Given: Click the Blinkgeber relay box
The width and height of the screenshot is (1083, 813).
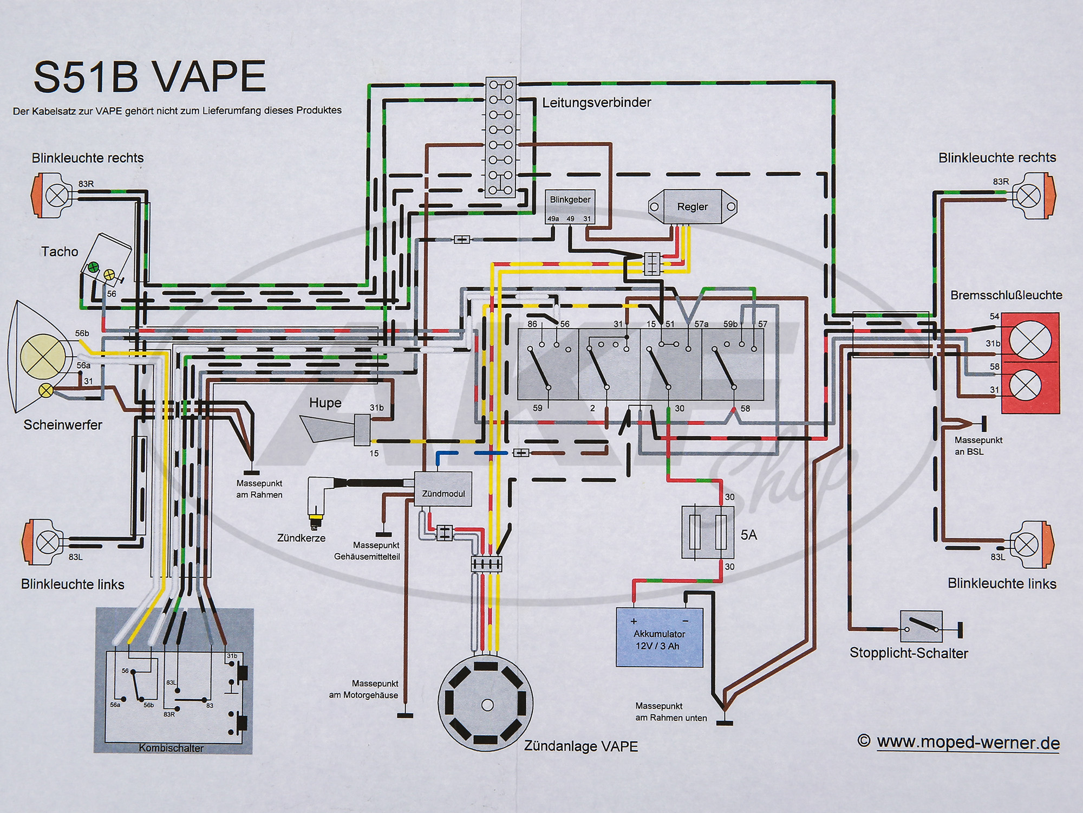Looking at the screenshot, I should pyautogui.click(x=570, y=207).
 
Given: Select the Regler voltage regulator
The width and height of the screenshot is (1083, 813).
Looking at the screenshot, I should pyautogui.click(x=692, y=207).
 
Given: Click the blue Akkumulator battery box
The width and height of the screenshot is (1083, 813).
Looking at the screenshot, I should pyautogui.click(x=659, y=637).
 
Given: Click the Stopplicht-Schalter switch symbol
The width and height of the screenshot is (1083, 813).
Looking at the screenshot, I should pyautogui.click(x=921, y=627).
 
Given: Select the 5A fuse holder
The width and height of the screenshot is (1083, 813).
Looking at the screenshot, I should pyautogui.click(x=707, y=532).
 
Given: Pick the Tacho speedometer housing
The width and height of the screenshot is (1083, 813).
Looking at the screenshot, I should pyautogui.click(x=107, y=260).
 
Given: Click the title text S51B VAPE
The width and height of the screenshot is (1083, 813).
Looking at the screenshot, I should pyautogui.click(x=149, y=77).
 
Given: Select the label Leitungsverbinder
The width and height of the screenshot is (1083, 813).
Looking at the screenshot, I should pyautogui.click(x=596, y=102).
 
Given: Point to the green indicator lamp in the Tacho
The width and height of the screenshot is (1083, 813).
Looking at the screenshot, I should pyautogui.click(x=93, y=267).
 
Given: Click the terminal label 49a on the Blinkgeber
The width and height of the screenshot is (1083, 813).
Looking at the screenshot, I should pyautogui.click(x=553, y=219).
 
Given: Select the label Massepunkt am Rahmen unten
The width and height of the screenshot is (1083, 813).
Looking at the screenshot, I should pyautogui.click(x=671, y=712).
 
